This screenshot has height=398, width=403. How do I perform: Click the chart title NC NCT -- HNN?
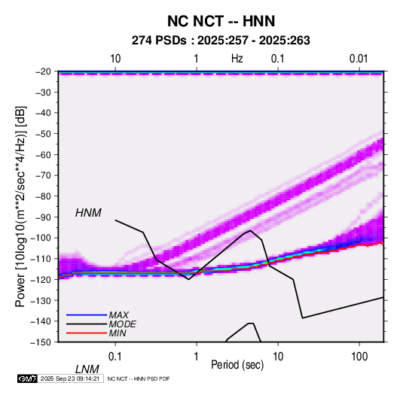(x=221, y=21)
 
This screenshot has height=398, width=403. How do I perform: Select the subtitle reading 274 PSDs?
(x=159, y=41)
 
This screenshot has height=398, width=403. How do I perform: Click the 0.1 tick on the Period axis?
(x=115, y=357)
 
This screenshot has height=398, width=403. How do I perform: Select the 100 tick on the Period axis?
(x=359, y=357)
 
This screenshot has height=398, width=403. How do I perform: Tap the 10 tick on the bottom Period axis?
(x=278, y=357)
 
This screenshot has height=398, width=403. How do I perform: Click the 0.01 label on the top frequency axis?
(x=359, y=59)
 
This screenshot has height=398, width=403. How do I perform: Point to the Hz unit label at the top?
(x=237, y=59)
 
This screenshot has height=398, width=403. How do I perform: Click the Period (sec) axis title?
(x=237, y=365)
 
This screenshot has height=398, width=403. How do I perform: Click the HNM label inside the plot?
(x=88, y=213)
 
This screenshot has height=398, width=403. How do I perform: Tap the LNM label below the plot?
(x=87, y=369)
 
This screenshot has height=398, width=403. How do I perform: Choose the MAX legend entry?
(x=118, y=315)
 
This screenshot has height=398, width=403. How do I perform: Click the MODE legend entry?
(x=122, y=324)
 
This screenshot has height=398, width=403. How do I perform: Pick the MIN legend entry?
(x=118, y=333)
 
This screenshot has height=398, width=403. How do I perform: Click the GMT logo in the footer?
(x=28, y=378)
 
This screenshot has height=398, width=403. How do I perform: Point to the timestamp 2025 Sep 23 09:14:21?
(x=70, y=378)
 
